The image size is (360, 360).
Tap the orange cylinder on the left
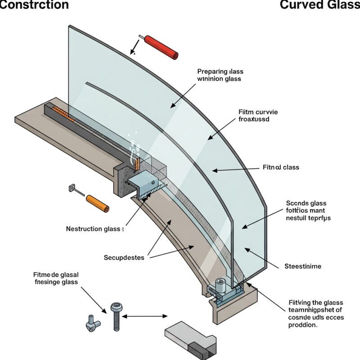click(97, 203)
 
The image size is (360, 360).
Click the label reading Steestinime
click(303, 266)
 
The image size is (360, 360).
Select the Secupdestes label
click(124, 257)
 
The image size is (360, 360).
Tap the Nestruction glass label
click(93, 229)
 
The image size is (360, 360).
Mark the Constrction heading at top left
click(34, 5)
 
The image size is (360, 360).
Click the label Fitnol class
click(281, 167)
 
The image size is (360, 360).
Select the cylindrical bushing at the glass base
click(220, 284)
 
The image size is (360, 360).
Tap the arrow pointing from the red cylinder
click(134, 46)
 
